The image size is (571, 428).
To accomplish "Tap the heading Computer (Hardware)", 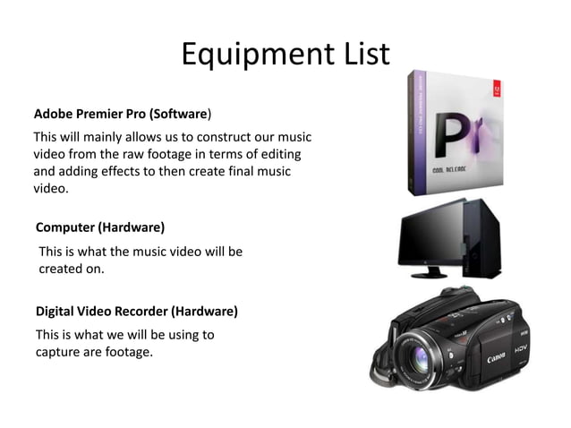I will click(x=99, y=227).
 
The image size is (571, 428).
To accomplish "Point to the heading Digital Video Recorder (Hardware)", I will click(x=136, y=312).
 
